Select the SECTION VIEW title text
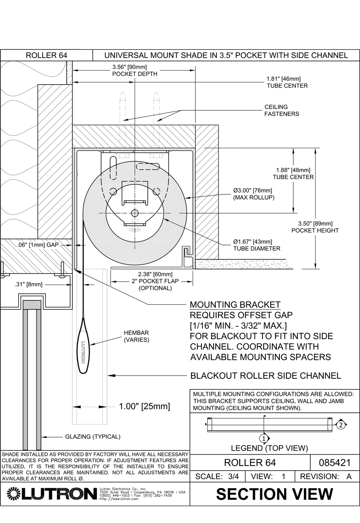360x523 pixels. coord(275,494)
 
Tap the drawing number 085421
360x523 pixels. coord(334,462)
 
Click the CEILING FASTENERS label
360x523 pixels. coord(282,110)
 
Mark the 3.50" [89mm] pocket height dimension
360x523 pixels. coord(315,227)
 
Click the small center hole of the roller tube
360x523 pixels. coord(135,213)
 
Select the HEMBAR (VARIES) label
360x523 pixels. coord(136,336)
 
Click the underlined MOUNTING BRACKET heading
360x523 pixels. coord(235,304)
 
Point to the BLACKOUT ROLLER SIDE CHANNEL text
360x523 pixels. coord(265,376)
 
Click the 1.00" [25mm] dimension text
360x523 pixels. coord(144,407)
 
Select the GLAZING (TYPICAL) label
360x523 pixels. coord(92,436)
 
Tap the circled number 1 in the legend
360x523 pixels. coord(263,438)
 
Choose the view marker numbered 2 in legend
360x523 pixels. coord(341,424)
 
